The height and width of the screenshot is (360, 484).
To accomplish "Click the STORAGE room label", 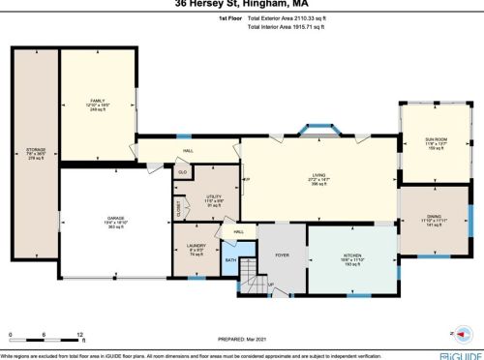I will tap(35, 150).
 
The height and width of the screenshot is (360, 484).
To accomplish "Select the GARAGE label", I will tap(115, 219).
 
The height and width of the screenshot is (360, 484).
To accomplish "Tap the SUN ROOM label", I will tap(436, 140).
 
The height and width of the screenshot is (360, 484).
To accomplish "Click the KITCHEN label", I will tap(350, 256).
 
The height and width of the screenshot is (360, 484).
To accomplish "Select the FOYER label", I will tap(283, 255).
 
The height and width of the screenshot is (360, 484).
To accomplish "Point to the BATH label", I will tap(230, 260).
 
